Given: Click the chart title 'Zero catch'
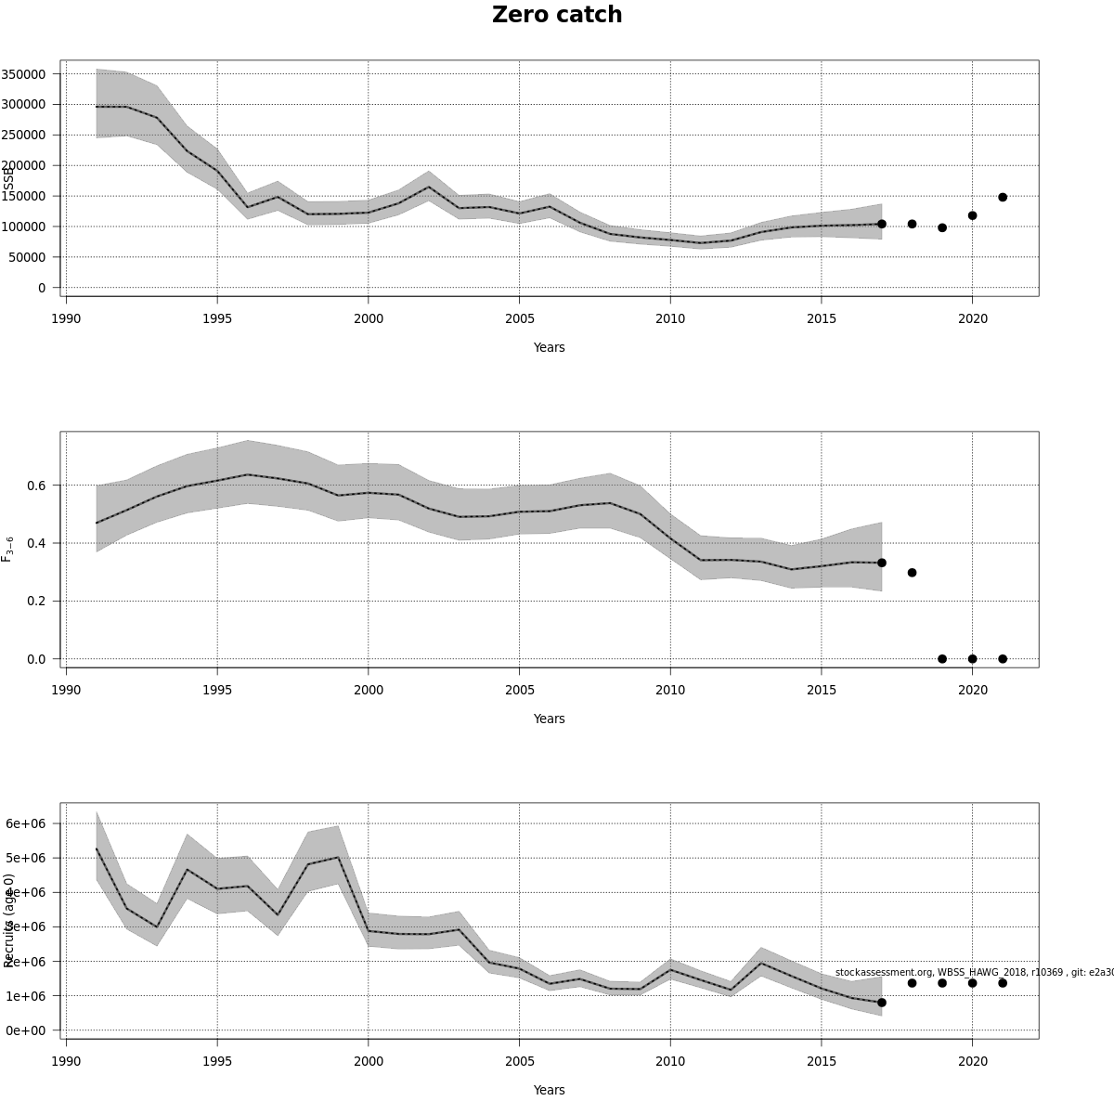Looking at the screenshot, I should coord(557,15).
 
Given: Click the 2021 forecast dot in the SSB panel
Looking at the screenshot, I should coord(1003,197).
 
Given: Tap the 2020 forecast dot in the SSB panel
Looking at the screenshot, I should coord(972,215).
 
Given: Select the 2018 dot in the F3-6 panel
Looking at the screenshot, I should coord(912,573).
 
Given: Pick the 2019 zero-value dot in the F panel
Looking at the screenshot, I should coord(942,659).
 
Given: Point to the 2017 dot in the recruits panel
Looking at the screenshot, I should coord(882,1003).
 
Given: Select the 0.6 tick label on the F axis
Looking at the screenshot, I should coord(36,486).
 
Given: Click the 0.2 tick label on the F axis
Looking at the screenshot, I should coord(36,602).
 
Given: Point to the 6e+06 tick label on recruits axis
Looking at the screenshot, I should coord(26,823).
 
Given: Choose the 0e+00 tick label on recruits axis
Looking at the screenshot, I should coord(26,1030).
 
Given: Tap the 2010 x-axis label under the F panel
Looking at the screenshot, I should coord(670,690).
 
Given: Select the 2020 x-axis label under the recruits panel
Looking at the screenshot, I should coord(972,1061).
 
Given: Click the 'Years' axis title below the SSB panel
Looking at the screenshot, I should coord(549,347).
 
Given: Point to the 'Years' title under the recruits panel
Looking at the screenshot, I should coord(549,1090).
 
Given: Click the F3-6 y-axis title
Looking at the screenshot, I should coord(7,549).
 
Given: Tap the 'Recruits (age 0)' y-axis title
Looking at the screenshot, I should coord(9,920).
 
